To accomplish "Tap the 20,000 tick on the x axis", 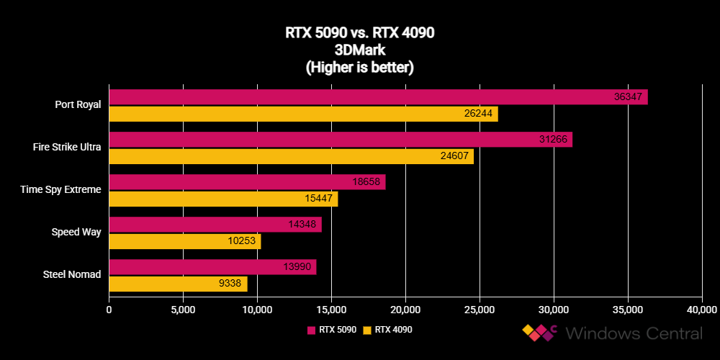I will [405, 310].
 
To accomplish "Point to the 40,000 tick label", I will [702, 310].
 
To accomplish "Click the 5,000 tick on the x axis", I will [183, 310].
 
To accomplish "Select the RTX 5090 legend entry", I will [332, 330].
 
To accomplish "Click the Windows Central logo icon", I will [541, 333].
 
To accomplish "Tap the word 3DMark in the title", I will [359, 50].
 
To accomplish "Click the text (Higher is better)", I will [359, 67].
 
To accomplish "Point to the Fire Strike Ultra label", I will [67, 147].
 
